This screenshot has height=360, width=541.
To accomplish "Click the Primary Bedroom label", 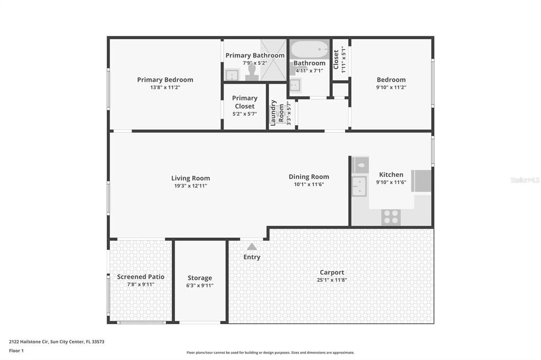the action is point(165,80).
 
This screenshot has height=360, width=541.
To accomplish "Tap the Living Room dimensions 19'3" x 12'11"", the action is point(190,186).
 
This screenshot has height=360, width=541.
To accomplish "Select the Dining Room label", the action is point(309,177).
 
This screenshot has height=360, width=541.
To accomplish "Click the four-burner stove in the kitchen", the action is point(391,217).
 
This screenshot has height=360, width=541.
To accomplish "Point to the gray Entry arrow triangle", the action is point(252,247).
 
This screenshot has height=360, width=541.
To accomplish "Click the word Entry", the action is point(252,257).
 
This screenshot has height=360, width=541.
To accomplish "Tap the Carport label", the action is point(332,272).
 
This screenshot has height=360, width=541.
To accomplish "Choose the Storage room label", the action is point(200,278).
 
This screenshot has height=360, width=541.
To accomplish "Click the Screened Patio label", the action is point(141,277).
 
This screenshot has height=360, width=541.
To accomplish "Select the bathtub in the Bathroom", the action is point(310,49).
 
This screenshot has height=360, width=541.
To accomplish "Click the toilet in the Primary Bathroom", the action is point(252,73).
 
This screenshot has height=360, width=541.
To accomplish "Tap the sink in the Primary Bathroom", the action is point(232,74).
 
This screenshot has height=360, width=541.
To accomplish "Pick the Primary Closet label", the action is point(245,102).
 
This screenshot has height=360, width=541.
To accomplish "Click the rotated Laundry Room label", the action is point(277,113).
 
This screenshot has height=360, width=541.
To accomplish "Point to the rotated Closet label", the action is point(336,60).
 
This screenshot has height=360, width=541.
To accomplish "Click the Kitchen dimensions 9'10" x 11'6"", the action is point(391,183).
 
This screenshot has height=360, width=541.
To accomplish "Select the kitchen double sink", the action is point(359,186).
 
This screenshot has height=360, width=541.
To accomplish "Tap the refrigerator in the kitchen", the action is point(421,181).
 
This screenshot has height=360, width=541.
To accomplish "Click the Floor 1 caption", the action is point(16,350).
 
